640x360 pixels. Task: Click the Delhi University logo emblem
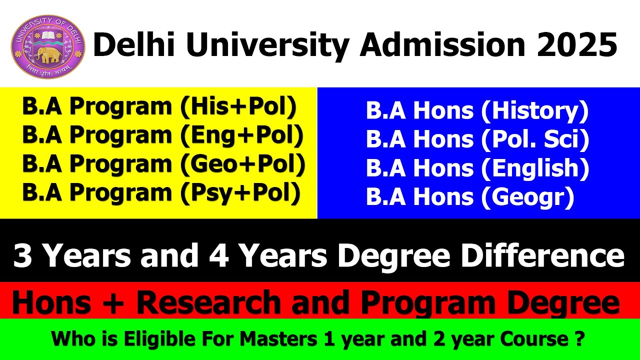point(48,46)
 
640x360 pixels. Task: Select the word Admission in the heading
point(440,45)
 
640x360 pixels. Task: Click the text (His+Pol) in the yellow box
point(239,107)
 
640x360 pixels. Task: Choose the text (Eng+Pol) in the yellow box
point(242,136)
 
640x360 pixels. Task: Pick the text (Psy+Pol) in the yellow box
point(241,193)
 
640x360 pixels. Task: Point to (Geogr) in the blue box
point(527,197)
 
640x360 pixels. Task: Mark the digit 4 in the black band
point(216,255)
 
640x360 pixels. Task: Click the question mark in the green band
point(578,339)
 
